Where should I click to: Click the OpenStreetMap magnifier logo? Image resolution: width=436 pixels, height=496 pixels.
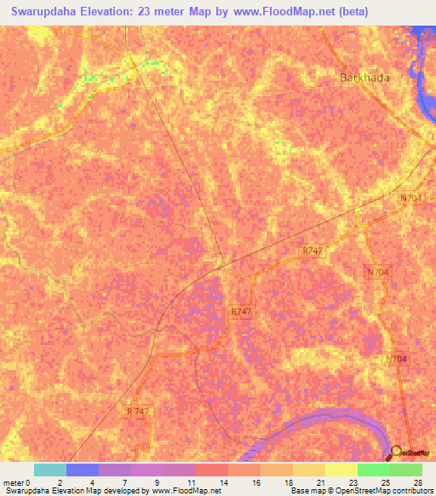(x=397, y=453)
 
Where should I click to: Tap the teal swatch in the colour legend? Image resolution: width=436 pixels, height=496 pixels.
(x=50, y=470)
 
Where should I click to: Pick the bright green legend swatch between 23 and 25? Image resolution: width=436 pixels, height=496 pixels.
(x=373, y=470)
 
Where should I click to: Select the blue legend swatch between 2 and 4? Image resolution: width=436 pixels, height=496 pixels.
(x=83, y=470)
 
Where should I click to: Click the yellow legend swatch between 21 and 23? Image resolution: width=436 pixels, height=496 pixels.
(x=341, y=470)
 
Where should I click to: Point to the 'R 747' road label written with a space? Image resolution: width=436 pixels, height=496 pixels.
(x=138, y=411)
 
